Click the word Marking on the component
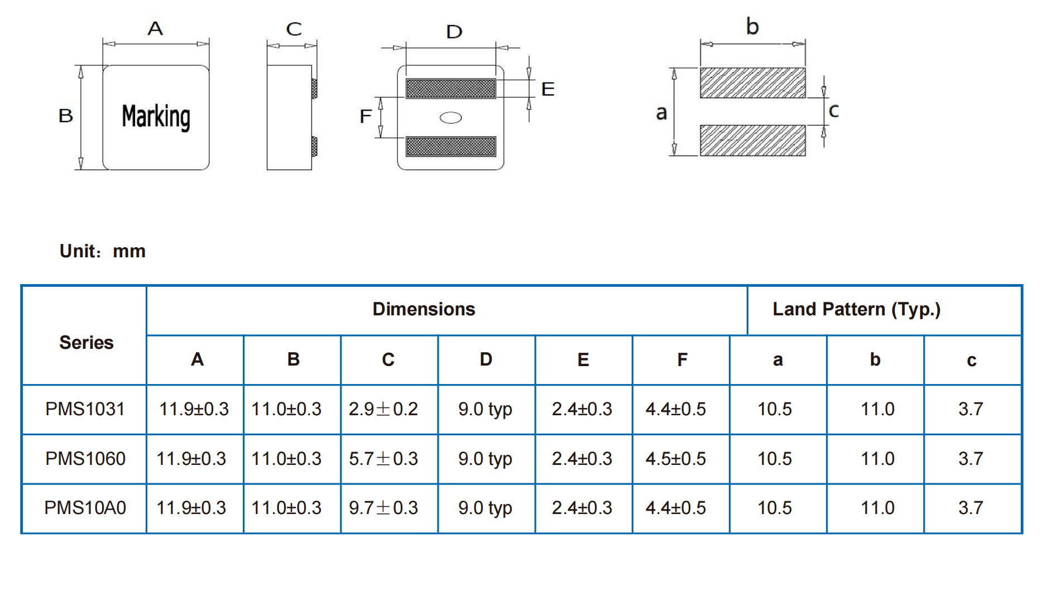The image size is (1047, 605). (x=156, y=117)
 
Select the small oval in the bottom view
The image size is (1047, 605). (x=451, y=118)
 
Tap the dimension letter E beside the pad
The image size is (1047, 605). (x=547, y=89)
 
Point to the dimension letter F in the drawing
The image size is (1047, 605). (x=366, y=116)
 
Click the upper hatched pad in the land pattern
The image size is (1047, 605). (x=752, y=83)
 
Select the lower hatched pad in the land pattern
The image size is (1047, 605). (x=752, y=140)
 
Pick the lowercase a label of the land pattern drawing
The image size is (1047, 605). (x=661, y=113)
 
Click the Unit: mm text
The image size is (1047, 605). (x=103, y=251)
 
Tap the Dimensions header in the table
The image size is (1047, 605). (x=424, y=309)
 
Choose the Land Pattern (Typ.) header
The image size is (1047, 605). (x=856, y=309)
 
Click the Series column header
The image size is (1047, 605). (x=86, y=342)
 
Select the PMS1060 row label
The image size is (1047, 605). (x=85, y=459)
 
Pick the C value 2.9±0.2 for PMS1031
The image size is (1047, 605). (x=383, y=409)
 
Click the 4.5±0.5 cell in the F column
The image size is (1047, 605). (x=675, y=459)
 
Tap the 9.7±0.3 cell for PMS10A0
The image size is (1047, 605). (x=383, y=508)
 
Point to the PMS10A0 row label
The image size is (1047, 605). (x=85, y=508)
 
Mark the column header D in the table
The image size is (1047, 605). (x=486, y=359)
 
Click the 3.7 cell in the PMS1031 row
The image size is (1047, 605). (x=971, y=409)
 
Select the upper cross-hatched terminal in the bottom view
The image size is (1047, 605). (x=450, y=88)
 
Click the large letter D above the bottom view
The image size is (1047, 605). (x=454, y=32)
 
